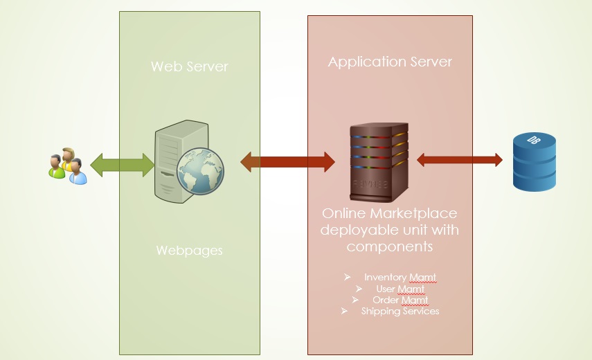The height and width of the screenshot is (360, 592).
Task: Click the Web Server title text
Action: click(190, 66)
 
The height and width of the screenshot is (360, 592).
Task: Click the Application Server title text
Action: click(390, 62)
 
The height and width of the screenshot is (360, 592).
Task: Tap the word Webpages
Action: click(189, 251)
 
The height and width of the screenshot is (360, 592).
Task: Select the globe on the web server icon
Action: click(201, 171)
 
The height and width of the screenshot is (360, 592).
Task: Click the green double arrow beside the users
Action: click(123, 165)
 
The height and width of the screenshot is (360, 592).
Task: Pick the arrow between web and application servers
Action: click(288, 162)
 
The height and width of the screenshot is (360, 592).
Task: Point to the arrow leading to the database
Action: click(460, 160)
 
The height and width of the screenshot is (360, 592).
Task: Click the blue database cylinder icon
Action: click(535, 161)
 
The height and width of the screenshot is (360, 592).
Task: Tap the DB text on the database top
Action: click(533, 140)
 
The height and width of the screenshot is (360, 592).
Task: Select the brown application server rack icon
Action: click(379, 162)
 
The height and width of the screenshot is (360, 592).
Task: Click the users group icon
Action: click(68, 166)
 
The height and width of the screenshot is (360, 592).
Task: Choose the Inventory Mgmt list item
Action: click(400, 278)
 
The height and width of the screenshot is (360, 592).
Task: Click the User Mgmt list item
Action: click(400, 289)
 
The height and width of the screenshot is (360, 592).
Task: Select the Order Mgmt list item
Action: click(400, 300)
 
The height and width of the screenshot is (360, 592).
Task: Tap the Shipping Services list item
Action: click(400, 311)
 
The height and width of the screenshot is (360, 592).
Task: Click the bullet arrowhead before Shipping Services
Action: click(344, 311)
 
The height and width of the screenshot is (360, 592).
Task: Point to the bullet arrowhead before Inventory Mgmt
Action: click(348, 277)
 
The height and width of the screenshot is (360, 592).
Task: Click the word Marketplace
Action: click(413, 214)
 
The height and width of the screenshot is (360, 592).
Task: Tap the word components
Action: click(390, 246)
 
